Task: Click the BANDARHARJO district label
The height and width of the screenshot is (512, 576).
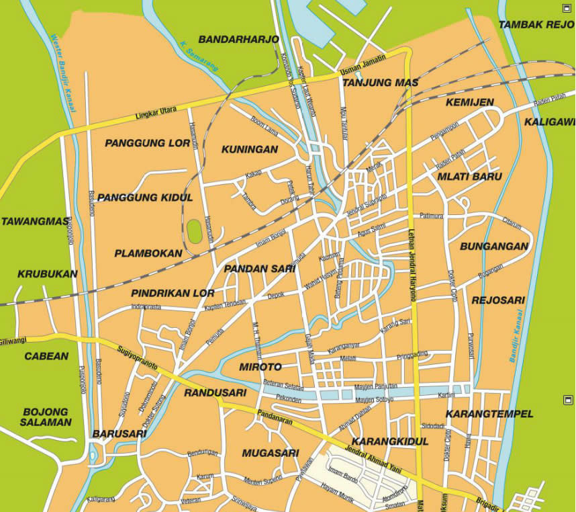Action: coord(238,40)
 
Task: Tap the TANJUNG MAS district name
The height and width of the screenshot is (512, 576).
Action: coord(380,83)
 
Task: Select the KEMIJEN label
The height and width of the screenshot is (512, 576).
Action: coord(469,102)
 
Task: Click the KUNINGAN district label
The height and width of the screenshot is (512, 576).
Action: coord(249,149)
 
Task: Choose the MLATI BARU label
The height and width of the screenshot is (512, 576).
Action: coord(470,177)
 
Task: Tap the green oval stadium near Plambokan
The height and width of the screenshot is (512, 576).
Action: coord(195,232)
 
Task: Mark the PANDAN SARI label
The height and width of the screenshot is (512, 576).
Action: coord(260,269)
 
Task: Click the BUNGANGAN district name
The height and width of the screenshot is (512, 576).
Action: coord(494,247)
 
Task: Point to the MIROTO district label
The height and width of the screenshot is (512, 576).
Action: coord(260,367)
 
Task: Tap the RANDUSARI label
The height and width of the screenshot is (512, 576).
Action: coord(215,392)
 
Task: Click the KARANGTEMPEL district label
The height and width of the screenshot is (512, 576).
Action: coord(489,413)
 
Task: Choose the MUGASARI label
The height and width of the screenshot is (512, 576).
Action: coord(270,453)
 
